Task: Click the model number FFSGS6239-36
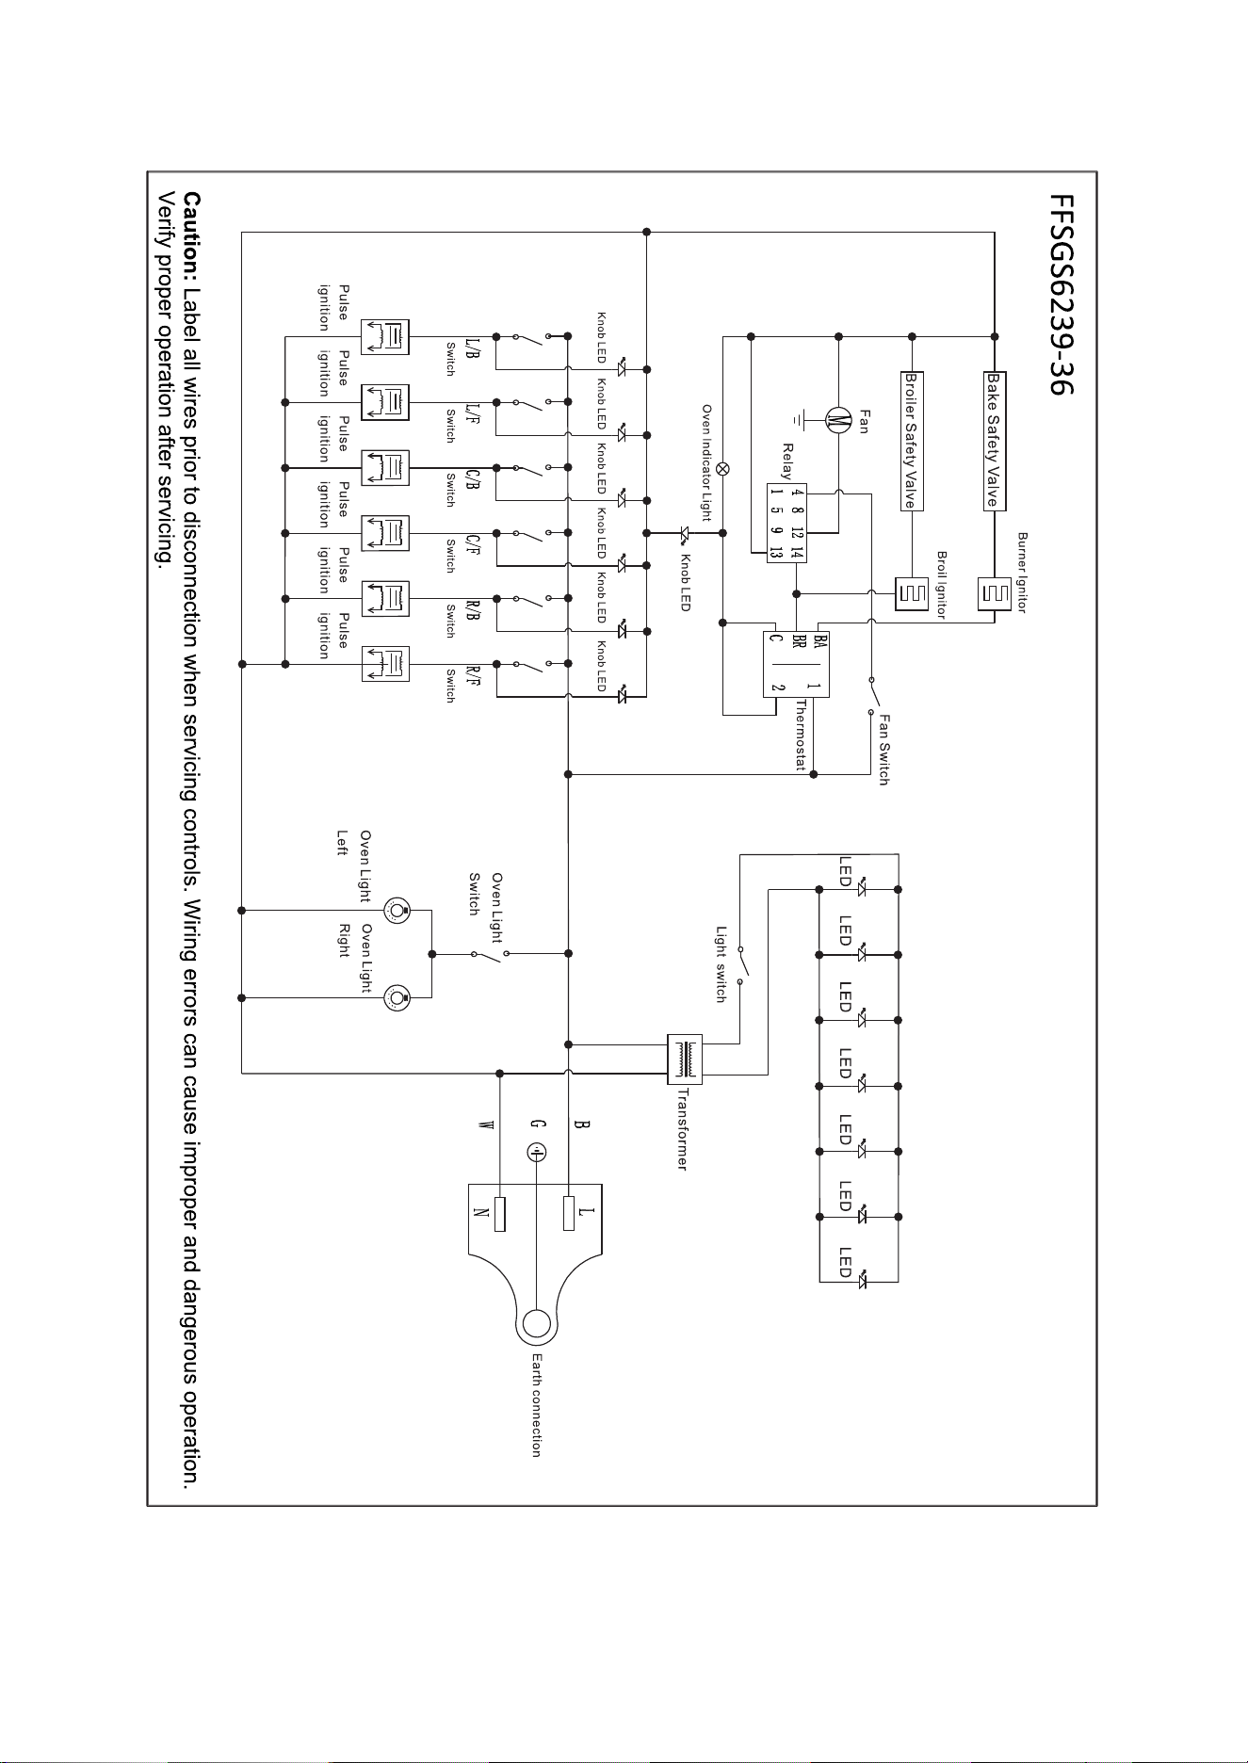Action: [1060, 294]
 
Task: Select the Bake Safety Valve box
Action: [991, 439]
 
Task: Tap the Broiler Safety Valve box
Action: [911, 439]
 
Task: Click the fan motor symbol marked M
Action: [835, 421]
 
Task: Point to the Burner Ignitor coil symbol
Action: [995, 593]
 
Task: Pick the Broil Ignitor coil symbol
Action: [911, 593]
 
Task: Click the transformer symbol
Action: [685, 1059]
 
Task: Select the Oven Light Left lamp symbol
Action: [397, 911]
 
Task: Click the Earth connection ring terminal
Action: [536, 1323]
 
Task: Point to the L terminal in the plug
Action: [569, 1213]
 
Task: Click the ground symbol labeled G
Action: [535, 1152]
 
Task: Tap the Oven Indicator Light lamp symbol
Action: [723, 468]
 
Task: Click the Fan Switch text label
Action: [883, 749]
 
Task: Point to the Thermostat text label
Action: [801, 735]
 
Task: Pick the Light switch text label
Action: [721, 963]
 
